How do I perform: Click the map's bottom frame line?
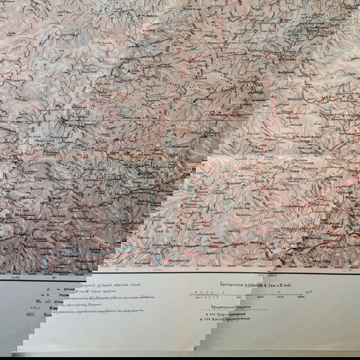tap(180, 272)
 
